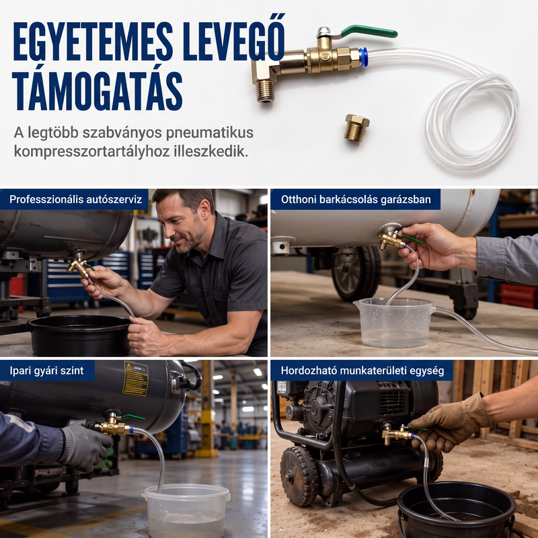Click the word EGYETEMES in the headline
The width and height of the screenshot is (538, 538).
click(93, 42)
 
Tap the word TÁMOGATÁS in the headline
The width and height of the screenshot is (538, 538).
click(98, 91)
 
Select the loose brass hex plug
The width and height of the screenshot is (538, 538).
click(357, 128)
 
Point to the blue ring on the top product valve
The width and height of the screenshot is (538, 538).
click(364, 57)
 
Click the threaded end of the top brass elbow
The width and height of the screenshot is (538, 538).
click(266, 91)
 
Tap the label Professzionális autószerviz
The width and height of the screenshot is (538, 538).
click(75, 199)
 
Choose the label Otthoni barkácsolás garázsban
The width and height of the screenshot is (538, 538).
click(356, 199)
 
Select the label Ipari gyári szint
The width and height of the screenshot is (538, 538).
click(46, 371)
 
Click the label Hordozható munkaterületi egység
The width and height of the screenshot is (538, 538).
click(362, 371)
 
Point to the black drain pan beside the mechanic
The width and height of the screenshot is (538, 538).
click(79, 335)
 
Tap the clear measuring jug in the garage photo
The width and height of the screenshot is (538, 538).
click(395, 323)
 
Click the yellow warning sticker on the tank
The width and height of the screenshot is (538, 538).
click(136, 379)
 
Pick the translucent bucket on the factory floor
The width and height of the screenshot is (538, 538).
click(186, 510)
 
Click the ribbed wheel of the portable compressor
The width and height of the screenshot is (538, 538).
click(299, 475)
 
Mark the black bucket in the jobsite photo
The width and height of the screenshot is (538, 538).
click(457, 510)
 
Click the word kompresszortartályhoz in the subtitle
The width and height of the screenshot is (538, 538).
click(91, 152)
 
